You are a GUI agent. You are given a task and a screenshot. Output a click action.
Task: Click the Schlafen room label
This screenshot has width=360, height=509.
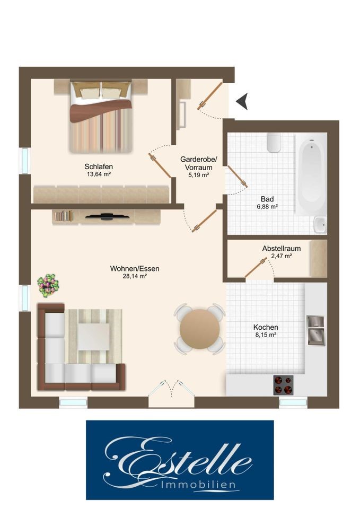(x=99, y=166)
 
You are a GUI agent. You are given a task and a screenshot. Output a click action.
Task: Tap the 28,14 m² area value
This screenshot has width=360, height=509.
(x=135, y=276)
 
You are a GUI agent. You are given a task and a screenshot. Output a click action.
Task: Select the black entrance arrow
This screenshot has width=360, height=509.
(x=242, y=101)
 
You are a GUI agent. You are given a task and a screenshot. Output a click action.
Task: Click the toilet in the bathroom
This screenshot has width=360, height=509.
(x=274, y=142)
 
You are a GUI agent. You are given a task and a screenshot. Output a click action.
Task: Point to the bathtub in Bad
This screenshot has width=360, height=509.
(x=311, y=174)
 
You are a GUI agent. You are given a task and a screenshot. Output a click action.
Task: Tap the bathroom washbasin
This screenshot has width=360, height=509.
(x=320, y=225)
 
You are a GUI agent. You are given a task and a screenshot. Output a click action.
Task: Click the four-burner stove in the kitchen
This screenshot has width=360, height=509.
(x=283, y=385)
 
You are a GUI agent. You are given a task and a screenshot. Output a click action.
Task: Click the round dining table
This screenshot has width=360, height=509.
(x=199, y=329)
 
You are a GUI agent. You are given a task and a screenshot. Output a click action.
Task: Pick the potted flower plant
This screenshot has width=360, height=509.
(x=48, y=285)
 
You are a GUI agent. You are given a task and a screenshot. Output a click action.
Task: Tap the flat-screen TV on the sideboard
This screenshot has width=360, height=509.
(x=106, y=216)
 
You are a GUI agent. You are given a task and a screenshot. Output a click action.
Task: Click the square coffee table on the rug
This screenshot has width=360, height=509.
(x=93, y=337)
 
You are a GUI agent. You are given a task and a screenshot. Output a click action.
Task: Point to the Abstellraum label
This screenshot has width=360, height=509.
(x=282, y=248)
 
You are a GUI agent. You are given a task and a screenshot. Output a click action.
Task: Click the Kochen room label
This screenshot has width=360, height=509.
(x=266, y=327)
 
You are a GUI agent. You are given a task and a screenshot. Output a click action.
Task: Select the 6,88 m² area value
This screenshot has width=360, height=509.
(x=267, y=206)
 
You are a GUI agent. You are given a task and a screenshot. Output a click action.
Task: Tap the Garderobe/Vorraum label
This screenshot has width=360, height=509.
(x=198, y=163)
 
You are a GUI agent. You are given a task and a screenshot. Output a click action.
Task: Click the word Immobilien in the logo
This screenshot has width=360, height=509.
(x=198, y=485)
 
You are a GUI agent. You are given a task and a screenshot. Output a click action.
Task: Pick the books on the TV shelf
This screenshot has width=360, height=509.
(x=63, y=216)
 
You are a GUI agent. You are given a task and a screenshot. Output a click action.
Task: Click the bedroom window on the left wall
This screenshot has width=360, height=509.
(x=25, y=161)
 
